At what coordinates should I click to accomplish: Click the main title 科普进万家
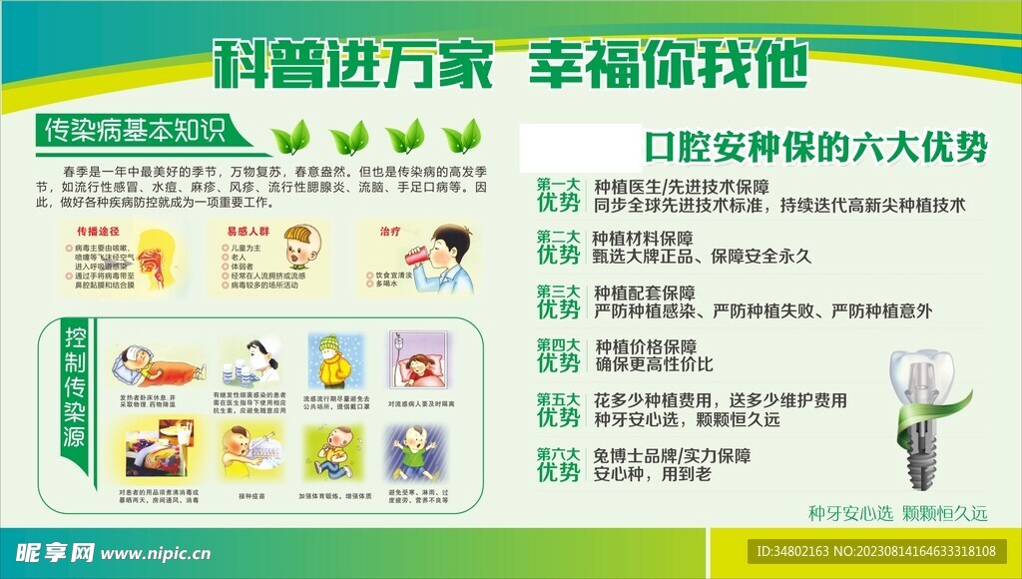click(354, 65)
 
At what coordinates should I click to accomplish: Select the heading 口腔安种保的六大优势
click(814, 149)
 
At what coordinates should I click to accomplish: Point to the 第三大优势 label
click(558, 302)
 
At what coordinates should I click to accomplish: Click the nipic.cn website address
click(157, 552)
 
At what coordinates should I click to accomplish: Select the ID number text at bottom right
click(876, 551)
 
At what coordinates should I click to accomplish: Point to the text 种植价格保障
click(646, 346)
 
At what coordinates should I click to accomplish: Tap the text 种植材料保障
click(643, 239)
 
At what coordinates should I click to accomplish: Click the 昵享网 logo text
click(56, 552)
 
